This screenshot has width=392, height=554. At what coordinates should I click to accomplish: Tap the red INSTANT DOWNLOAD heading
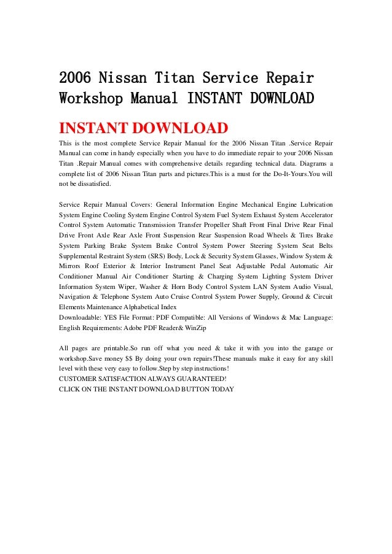143,129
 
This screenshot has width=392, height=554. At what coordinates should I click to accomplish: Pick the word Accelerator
312,215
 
